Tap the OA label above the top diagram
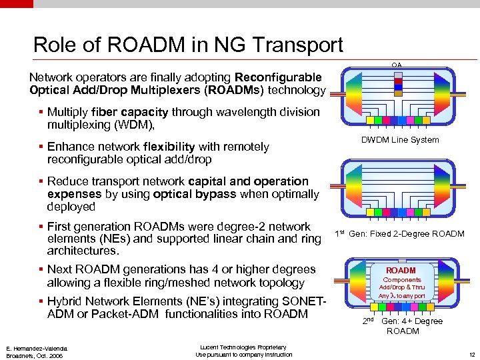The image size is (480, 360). [x=397, y=65]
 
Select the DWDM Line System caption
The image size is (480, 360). [x=399, y=139]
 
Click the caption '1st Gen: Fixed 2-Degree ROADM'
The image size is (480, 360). [x=399, y=233]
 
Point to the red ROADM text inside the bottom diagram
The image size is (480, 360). [x=401, y=271]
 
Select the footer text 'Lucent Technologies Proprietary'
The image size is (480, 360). [x=243, y=347]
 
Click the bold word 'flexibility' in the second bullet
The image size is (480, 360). [x=169, y=147]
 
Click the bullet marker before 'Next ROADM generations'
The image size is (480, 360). [x=41, y=269]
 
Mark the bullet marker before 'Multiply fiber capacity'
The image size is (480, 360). [x=41, y=112]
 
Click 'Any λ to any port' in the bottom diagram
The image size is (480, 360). [x=401, y=295]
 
